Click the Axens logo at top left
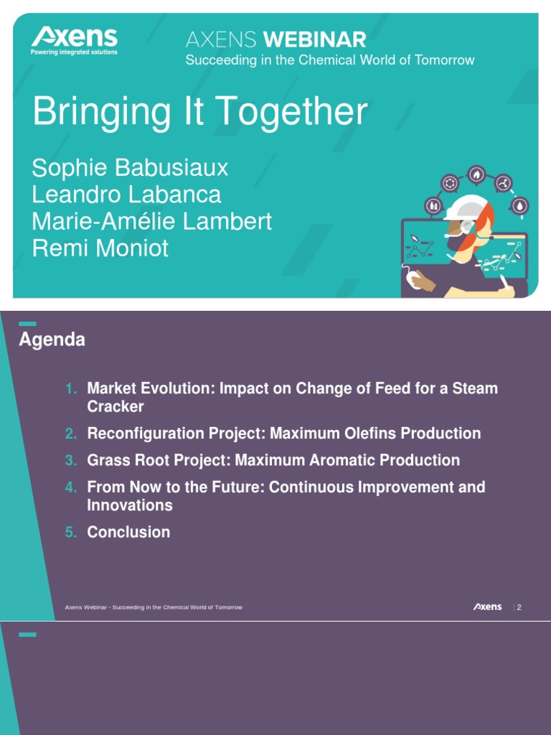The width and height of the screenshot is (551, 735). (74, 40)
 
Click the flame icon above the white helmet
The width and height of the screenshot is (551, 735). (476, 174)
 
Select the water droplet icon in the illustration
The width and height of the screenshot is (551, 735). (520, 206)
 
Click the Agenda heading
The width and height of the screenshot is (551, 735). (52, 340)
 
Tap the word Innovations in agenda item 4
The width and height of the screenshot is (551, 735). (130, 505)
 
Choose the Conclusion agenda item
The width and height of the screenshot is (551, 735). (128, 532)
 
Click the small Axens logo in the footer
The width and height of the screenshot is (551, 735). (487, 607)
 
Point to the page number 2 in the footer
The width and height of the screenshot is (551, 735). (519, 607)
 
